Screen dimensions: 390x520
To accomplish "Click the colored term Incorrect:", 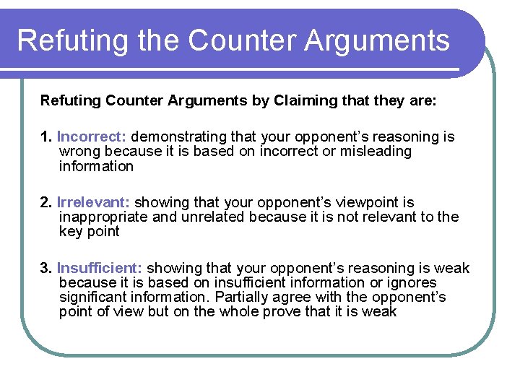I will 92,136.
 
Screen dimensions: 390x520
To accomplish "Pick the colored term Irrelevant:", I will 94,202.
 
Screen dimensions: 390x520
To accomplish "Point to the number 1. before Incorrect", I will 47,136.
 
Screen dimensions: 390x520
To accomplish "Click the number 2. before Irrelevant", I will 47,202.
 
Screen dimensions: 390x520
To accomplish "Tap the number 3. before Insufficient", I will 47,268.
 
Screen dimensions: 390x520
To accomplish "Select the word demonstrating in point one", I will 178,136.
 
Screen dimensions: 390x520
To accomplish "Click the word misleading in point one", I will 376,152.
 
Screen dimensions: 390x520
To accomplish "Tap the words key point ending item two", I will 89,232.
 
